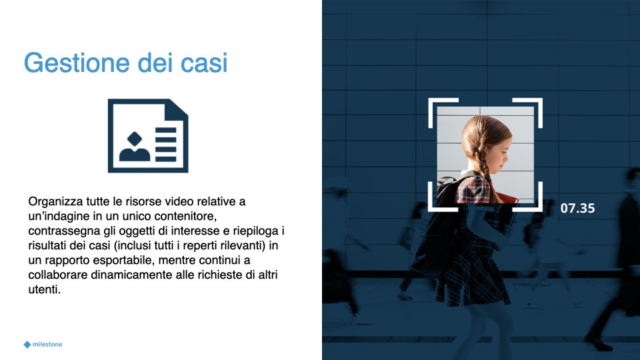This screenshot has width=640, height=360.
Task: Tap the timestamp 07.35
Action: (x=577, y=208)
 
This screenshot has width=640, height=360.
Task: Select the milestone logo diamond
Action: (x=27, y=345)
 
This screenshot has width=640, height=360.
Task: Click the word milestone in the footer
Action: (x=47, y=344)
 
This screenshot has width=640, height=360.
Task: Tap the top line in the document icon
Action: (x=166, y=131)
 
